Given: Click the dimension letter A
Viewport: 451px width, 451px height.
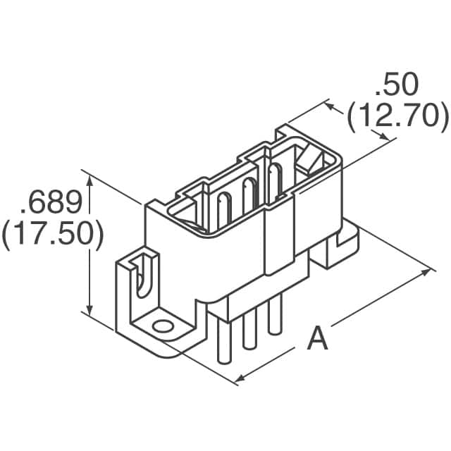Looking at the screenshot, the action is click(317, 338).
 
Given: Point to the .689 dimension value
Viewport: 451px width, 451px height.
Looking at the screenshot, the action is click(51, 202).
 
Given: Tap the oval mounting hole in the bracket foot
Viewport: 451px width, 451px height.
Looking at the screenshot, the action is click(163, 327).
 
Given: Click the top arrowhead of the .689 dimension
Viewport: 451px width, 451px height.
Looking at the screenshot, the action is click(90, 180).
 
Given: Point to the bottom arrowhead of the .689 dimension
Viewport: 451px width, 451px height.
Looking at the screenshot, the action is click(89, 309).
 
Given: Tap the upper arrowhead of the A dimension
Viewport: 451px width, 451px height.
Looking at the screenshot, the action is click(426, 272).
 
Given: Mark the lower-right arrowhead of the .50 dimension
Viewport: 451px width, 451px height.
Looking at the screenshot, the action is click(384, 136).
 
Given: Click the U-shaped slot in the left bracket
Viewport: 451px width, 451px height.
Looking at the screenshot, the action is click(142, 276).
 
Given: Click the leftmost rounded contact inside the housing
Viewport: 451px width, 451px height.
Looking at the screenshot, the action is click(224, 210).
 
